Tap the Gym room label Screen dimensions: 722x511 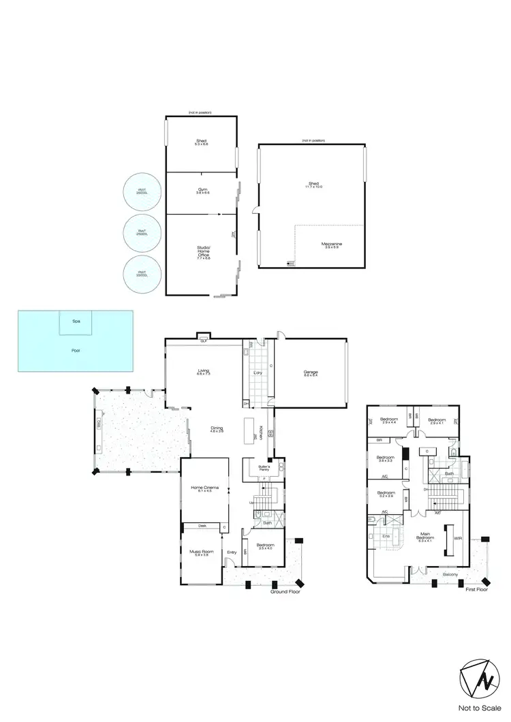click(202, 191)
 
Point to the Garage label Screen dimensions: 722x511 click(311, 372)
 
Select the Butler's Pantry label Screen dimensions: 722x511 click(265, 468)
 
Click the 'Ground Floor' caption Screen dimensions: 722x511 click(283, 592)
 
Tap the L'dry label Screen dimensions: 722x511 click(258, 373)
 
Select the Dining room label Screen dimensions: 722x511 click(217, 429)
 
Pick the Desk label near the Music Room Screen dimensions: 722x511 click(202, 526)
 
